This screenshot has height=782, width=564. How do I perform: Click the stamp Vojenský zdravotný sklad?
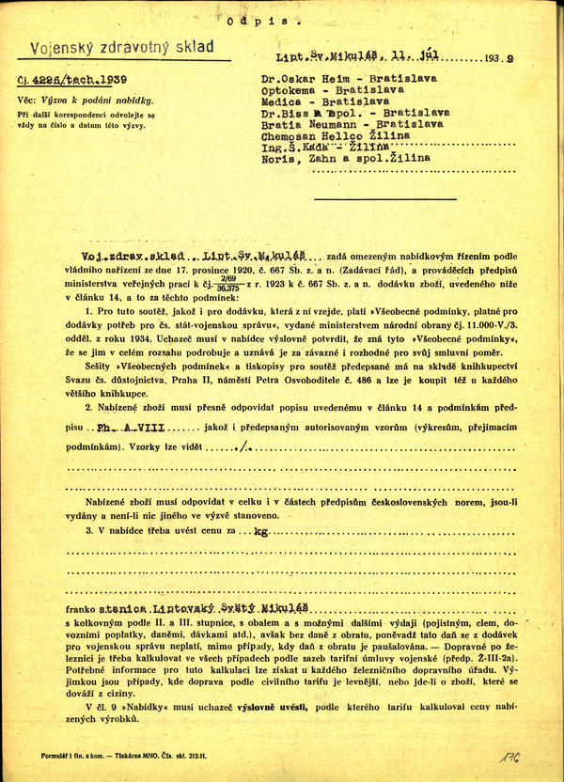122,47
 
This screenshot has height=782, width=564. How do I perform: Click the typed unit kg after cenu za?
274,531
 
